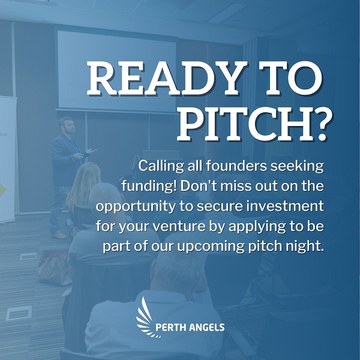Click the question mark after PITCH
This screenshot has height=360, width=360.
pos(320,125)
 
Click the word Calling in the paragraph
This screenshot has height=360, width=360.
pos(161,166)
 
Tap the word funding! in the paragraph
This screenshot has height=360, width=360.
pos(149,186)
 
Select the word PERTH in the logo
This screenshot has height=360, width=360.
pos(169,327)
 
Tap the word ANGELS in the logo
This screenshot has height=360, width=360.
pos(205,327)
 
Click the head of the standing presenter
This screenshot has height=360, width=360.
pos(67,125)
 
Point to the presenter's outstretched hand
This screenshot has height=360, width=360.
pos(91,151)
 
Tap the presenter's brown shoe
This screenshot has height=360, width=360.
pos(59,235)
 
